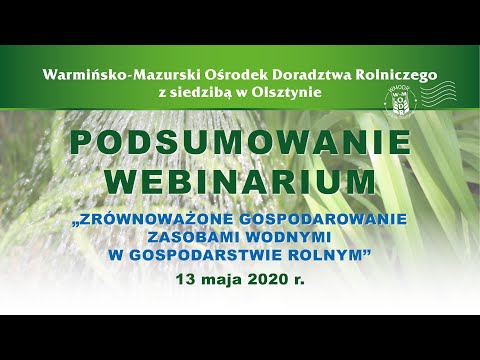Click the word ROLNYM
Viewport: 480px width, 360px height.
click(327, 255)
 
